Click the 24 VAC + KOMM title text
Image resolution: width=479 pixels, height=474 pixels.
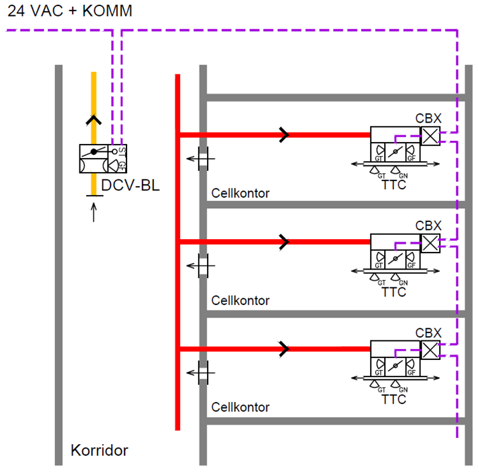(70, 11)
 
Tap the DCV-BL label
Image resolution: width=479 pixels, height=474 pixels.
(130, 185)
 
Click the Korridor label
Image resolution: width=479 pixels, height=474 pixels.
(100, 451)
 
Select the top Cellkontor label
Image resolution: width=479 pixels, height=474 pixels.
(240, 194)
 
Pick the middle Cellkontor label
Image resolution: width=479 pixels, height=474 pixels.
(240, 301)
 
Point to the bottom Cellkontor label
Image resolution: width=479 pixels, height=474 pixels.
(240, 407)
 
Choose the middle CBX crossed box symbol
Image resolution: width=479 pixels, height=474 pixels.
(431, 243)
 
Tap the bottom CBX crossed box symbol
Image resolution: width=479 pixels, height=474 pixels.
(431, 350)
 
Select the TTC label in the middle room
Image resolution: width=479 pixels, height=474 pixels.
(393, 292)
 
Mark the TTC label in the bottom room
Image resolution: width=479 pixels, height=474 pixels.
(393, 400)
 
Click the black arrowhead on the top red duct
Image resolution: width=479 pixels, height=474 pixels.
(284, 135)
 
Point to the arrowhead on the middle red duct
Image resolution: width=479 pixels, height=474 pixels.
(284, 242)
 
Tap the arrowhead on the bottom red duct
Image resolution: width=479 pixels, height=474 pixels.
(284, 349)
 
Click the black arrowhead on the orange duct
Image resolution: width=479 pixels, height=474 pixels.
(93, 120)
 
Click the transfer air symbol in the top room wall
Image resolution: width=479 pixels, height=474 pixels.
(202, 159)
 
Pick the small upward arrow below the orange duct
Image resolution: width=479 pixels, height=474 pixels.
(93, 212)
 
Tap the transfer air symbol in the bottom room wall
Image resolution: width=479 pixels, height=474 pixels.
(202, 372)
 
